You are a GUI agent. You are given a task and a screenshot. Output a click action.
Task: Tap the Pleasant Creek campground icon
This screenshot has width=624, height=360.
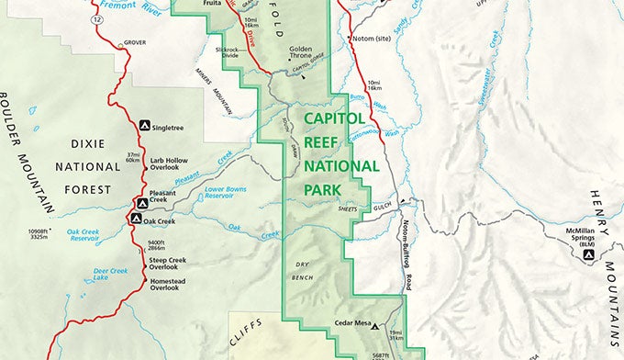(x=142, y=203)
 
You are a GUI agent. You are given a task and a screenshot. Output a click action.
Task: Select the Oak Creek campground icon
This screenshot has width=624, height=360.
(x=136, y=219)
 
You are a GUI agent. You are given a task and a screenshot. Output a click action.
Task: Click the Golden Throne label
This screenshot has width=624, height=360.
(x=306, y=52)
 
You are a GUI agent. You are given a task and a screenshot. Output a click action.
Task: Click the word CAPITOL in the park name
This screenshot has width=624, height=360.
(x=335, y=118)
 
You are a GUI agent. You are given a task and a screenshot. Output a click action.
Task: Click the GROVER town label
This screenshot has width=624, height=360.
(x=135, y=41)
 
